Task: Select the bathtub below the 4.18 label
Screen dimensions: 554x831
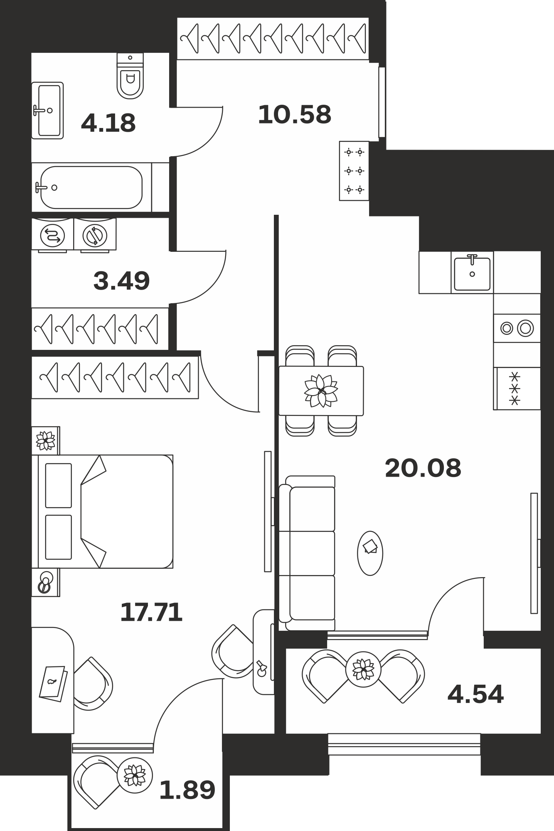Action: click(x=91, y=187)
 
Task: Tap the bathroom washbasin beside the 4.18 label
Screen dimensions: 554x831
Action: click(x=48, y=111)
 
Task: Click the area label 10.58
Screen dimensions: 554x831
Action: click(x=295, y=115)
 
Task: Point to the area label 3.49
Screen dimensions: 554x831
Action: click(x=121, y=281)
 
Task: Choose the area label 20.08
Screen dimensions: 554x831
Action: click(x=423, y=468)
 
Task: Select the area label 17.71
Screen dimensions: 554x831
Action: click(x=151, y=612)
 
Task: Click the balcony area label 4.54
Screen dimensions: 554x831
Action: click(x=475, y=694)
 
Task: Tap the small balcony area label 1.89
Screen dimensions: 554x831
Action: click(x=187, y=790)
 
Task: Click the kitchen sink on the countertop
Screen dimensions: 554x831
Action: click(x=472, y=273)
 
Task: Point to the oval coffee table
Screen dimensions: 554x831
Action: click(x=370, y=553)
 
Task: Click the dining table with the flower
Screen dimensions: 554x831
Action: click(x=321, y=391)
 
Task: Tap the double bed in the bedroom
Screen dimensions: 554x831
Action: click(x=106, y=511)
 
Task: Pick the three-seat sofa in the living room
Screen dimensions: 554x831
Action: click(x=307, y=553)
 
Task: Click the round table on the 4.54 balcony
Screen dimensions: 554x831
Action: click(x=363, y=669)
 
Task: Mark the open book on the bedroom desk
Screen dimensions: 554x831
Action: click(x=53, y=683)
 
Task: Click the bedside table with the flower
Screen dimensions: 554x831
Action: click(x=46, y=440)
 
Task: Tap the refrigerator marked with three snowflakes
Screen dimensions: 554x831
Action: click(x=517, y=388)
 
